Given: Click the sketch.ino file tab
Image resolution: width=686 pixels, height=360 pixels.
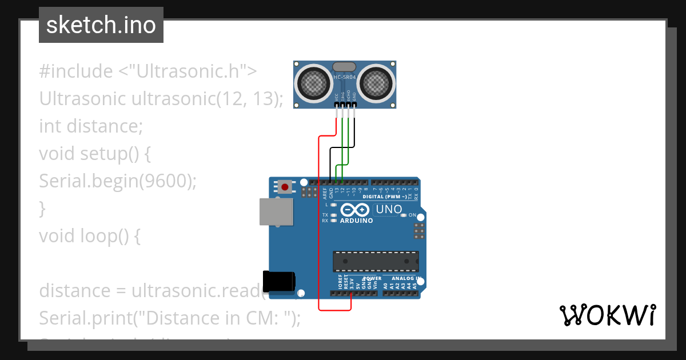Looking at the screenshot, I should click(101, 25).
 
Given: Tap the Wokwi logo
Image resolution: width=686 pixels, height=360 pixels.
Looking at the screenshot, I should click(607, 315).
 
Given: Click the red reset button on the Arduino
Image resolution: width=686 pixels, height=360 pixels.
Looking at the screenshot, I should click(285, 186).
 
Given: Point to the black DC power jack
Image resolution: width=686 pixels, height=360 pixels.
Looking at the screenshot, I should click(279, 282).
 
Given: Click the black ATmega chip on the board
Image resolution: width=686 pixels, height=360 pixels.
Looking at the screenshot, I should click(376, 261).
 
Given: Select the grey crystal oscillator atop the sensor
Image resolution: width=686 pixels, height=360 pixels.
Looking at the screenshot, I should click(344, 67).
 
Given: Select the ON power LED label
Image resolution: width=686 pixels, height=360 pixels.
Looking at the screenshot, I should click(412, 215).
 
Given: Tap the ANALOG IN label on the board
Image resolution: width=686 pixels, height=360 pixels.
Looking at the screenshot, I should click(406, 278).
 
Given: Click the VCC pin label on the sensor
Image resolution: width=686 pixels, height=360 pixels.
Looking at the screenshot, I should click(336, 97).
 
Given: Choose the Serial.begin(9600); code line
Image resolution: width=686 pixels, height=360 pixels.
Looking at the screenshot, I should click(118, 181).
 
